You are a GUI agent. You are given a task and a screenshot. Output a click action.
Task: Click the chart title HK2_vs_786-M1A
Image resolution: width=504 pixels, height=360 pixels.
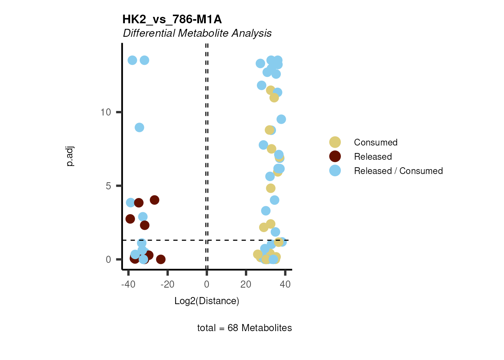coord(172,19)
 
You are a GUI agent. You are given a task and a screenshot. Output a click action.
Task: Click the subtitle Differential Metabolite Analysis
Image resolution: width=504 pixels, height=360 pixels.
coord(197,33)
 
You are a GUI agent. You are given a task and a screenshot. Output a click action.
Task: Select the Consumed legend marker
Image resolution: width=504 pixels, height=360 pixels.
coord(335,142)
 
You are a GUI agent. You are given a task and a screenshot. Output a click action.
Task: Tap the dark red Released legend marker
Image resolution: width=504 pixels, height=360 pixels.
coord(335,157)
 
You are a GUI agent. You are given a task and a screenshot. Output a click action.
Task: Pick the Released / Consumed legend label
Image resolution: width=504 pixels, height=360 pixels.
coord(398,171)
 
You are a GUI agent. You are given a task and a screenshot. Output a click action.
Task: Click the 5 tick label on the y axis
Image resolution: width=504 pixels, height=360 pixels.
coord(108,186)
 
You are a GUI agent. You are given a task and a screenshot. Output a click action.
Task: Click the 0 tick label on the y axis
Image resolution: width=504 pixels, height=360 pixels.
coord(108,259)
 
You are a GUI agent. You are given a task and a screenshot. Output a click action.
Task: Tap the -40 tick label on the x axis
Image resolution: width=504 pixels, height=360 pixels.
coord(128,285)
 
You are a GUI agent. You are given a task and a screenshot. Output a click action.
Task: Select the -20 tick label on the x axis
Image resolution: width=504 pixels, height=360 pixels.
coord(167,285)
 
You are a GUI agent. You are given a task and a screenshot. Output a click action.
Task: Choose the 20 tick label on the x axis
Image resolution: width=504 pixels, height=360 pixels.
coord(246,285)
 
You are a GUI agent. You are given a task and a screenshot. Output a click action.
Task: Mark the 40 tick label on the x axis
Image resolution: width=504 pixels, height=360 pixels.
coord(285,285)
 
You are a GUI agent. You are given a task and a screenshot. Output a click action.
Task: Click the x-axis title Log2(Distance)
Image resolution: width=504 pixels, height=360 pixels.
coord(207,301)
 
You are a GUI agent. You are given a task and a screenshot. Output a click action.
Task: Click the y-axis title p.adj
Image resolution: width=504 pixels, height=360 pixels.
coord(70,156)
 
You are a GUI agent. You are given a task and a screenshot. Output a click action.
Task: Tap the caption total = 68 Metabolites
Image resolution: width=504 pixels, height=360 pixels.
coord(244,328)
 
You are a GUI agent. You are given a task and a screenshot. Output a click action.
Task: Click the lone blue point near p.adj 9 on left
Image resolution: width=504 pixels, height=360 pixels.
coord(139,127)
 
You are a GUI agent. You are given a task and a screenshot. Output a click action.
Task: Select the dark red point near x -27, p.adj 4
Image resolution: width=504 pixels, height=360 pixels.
coord(154,200)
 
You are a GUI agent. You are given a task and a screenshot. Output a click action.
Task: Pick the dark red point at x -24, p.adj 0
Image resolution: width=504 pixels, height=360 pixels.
coord(161,259)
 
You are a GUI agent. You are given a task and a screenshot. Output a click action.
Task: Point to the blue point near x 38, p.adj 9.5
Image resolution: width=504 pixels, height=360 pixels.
coord(281,119)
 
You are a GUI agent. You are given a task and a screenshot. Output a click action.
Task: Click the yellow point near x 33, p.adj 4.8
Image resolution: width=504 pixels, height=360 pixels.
coord(271,188)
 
